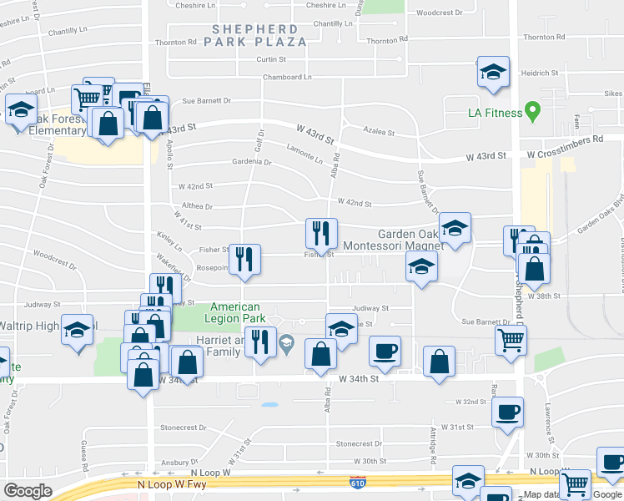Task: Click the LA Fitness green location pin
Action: tap(530, 112)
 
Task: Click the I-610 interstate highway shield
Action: tap(356, 482)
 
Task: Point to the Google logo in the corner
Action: tap(28, 491)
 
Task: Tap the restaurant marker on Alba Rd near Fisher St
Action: tap(321, 233)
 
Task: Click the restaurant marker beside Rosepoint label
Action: tap(244, 259)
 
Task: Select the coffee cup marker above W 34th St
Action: tap(385, 350)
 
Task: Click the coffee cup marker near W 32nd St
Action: tap(507, 411)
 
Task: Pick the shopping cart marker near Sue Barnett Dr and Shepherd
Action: tap(511, 339)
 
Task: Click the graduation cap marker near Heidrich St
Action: tap(493, 71)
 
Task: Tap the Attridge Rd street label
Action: tap(434, 443)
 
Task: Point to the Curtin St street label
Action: tap(271, 59)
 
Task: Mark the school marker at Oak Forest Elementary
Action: tap(21, 109)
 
